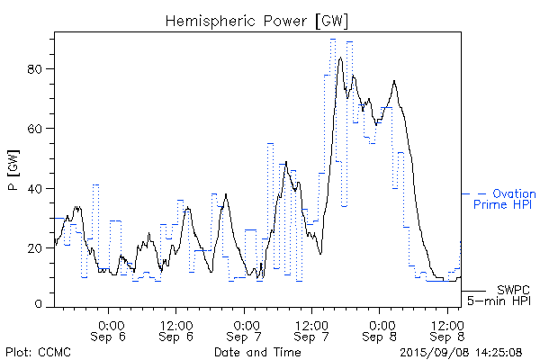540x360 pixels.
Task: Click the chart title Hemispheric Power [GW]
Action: coord(256,19)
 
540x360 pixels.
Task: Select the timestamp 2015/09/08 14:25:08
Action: coord(459,350)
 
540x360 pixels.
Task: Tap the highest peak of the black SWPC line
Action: coord(340,58)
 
